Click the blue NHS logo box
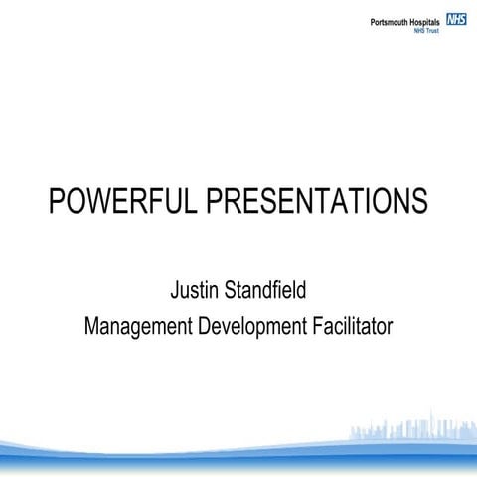[x=456, y=19]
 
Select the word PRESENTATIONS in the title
[x=317, y=201]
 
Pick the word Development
[x=260, y=326]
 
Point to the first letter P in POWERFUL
[x=58, y=201]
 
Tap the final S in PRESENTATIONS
[x=420, y=201]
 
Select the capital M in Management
[x=93, y=326]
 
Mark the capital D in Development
[x=212, y=326]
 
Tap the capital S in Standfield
[x=235, y=292]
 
